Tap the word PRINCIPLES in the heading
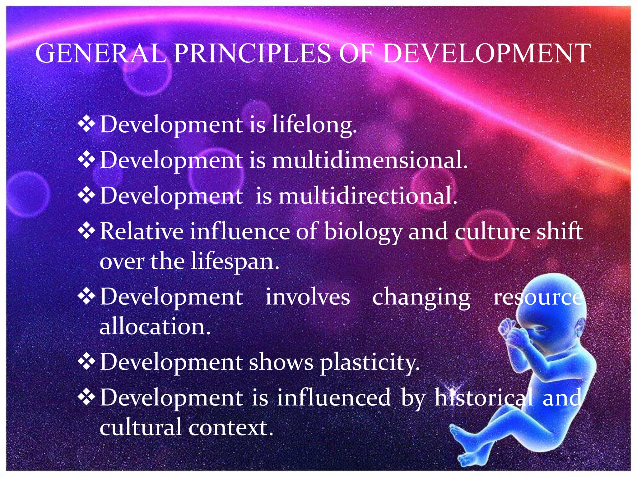coord(252,53)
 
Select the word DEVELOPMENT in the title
coord(485,53)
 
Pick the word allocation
coord(155,327)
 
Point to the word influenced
coord(333,397)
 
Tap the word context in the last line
coord(230,428)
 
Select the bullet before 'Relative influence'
coord(86,231)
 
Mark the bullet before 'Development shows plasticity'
coord(86,361)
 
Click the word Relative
coord(142,232)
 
